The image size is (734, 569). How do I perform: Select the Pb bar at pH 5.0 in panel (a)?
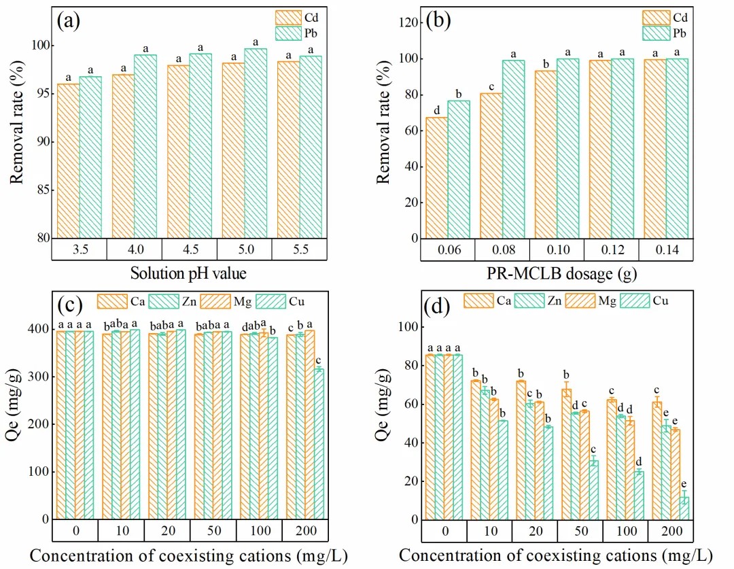point(256,143)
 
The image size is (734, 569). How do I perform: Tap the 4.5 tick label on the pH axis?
point(189,249)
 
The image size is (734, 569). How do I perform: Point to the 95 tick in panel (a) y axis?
point(42,93)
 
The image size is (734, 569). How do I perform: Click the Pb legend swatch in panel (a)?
point(287,32)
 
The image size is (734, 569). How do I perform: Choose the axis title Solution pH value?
point(189,275)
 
